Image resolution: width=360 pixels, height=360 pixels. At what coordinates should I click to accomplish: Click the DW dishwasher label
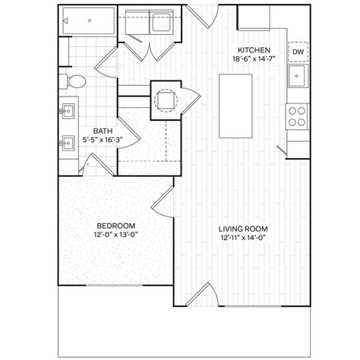[x=298, y=52]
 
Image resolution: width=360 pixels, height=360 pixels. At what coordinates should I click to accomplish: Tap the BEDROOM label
[x=115, y=226]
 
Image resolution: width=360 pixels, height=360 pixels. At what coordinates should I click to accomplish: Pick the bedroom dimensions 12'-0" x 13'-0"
[x=115, y=235]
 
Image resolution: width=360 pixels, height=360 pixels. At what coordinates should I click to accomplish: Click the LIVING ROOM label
[x=243, y=229]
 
